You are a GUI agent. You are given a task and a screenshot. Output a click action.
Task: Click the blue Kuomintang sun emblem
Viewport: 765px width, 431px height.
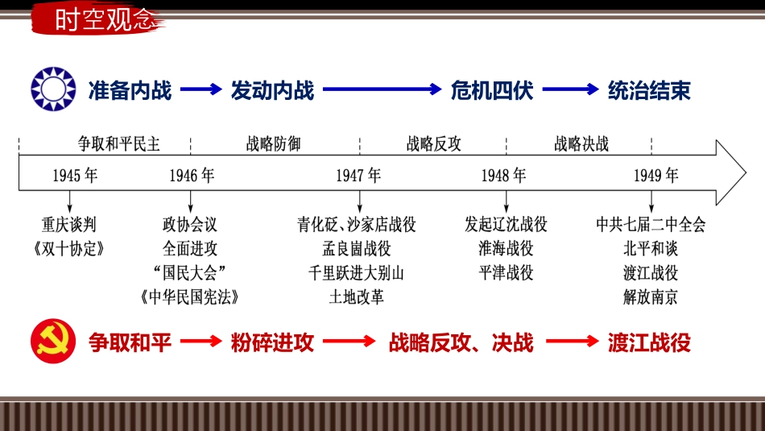[x=53, y=89]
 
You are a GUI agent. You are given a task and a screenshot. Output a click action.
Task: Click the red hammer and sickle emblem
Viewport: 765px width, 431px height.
[x=53, y=342]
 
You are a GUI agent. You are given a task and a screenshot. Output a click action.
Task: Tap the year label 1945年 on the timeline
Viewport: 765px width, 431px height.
[x=75, y=176]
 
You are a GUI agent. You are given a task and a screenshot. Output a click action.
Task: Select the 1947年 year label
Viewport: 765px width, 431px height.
[x=358, y=176]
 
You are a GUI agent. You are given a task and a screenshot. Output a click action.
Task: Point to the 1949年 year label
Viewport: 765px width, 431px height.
[x=656, y=176]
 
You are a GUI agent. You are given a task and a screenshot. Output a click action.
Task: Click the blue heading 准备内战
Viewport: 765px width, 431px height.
[x=130, y=90]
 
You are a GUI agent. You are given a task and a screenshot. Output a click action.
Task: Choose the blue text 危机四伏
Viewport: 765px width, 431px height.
[x=492, y=90]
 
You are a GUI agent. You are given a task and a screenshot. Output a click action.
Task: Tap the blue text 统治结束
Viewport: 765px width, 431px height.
[x=649, y=90]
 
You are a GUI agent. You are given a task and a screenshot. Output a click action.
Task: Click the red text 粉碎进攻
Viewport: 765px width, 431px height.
[x=272, y=342]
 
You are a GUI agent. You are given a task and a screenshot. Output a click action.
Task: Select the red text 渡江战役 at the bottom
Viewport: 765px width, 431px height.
[x=649, y=342]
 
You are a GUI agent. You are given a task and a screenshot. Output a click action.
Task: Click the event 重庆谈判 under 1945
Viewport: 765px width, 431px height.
[x=68, y=225]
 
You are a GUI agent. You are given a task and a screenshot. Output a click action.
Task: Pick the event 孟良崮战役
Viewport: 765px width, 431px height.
[x=357, y=248]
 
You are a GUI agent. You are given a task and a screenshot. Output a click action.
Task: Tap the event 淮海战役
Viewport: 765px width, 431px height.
[x=506, y=248]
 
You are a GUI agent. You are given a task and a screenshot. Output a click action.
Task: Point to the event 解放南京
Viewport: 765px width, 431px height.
[x=651, y=296]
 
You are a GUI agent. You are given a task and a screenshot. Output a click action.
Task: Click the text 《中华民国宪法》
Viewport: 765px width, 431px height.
[x=190, y=296]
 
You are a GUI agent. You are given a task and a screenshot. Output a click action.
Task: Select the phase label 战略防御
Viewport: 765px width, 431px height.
[x=273, y=143]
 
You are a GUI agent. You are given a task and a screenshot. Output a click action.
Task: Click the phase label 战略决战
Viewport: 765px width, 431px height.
[x=581, y=143]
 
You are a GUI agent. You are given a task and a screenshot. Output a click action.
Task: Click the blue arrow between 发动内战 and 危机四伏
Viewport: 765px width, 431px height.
[x=382, y=89]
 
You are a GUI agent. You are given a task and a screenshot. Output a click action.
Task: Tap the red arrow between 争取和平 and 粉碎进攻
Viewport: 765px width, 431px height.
[x=201, y=342]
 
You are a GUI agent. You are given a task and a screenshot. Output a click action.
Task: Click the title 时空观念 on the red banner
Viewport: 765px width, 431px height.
[x=103, y=19]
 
